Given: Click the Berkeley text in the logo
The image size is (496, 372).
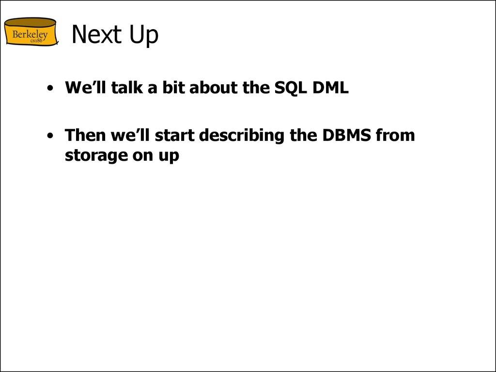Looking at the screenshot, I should point(30,35).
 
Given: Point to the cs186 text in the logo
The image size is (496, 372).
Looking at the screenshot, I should point(37,41).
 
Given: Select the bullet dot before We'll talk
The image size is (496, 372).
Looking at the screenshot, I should point(50,89).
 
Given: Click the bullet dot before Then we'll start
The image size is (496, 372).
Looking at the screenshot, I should point(50,136).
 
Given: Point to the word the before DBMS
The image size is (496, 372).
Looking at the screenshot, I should point(303,135).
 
